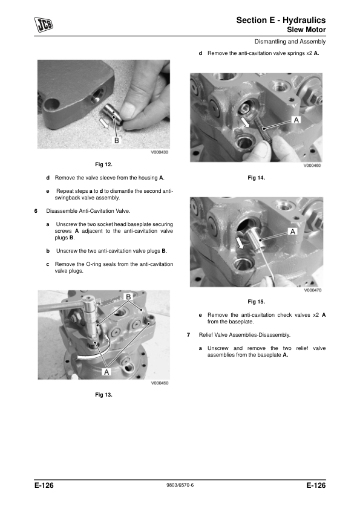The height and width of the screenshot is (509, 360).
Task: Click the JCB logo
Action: point(44,25)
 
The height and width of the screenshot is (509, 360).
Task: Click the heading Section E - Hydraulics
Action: point(281,20)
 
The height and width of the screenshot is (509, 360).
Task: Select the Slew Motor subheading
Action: point(306,30)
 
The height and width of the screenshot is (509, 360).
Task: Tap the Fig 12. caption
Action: point(103,164)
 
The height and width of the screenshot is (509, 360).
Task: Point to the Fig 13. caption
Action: point(103,395)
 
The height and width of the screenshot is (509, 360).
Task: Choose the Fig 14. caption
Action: point(257,178)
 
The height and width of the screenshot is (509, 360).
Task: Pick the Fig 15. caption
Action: point(257,302)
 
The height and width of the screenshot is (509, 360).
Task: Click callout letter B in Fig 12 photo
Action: point(116,141)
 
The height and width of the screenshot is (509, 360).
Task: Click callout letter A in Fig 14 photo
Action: point(296,120)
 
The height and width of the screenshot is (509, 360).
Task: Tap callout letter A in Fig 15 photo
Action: point(293,232)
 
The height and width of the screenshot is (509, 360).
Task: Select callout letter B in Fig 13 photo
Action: point(128,297)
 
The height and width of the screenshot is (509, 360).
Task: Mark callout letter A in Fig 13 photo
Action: point(106,372)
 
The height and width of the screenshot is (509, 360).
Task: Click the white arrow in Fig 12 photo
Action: point(104,123)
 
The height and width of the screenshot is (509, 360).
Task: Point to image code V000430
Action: point(160,152)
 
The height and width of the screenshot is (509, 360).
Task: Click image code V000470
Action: point(313,290)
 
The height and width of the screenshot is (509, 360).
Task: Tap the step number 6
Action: point(36,211)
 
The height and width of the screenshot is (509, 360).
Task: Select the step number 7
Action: point(188,335)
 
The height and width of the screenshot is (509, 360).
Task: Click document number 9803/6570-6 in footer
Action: point(180,485)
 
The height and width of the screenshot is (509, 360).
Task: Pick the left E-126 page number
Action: point(44,485)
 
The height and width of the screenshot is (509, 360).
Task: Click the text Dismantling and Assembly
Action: point(290,42)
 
